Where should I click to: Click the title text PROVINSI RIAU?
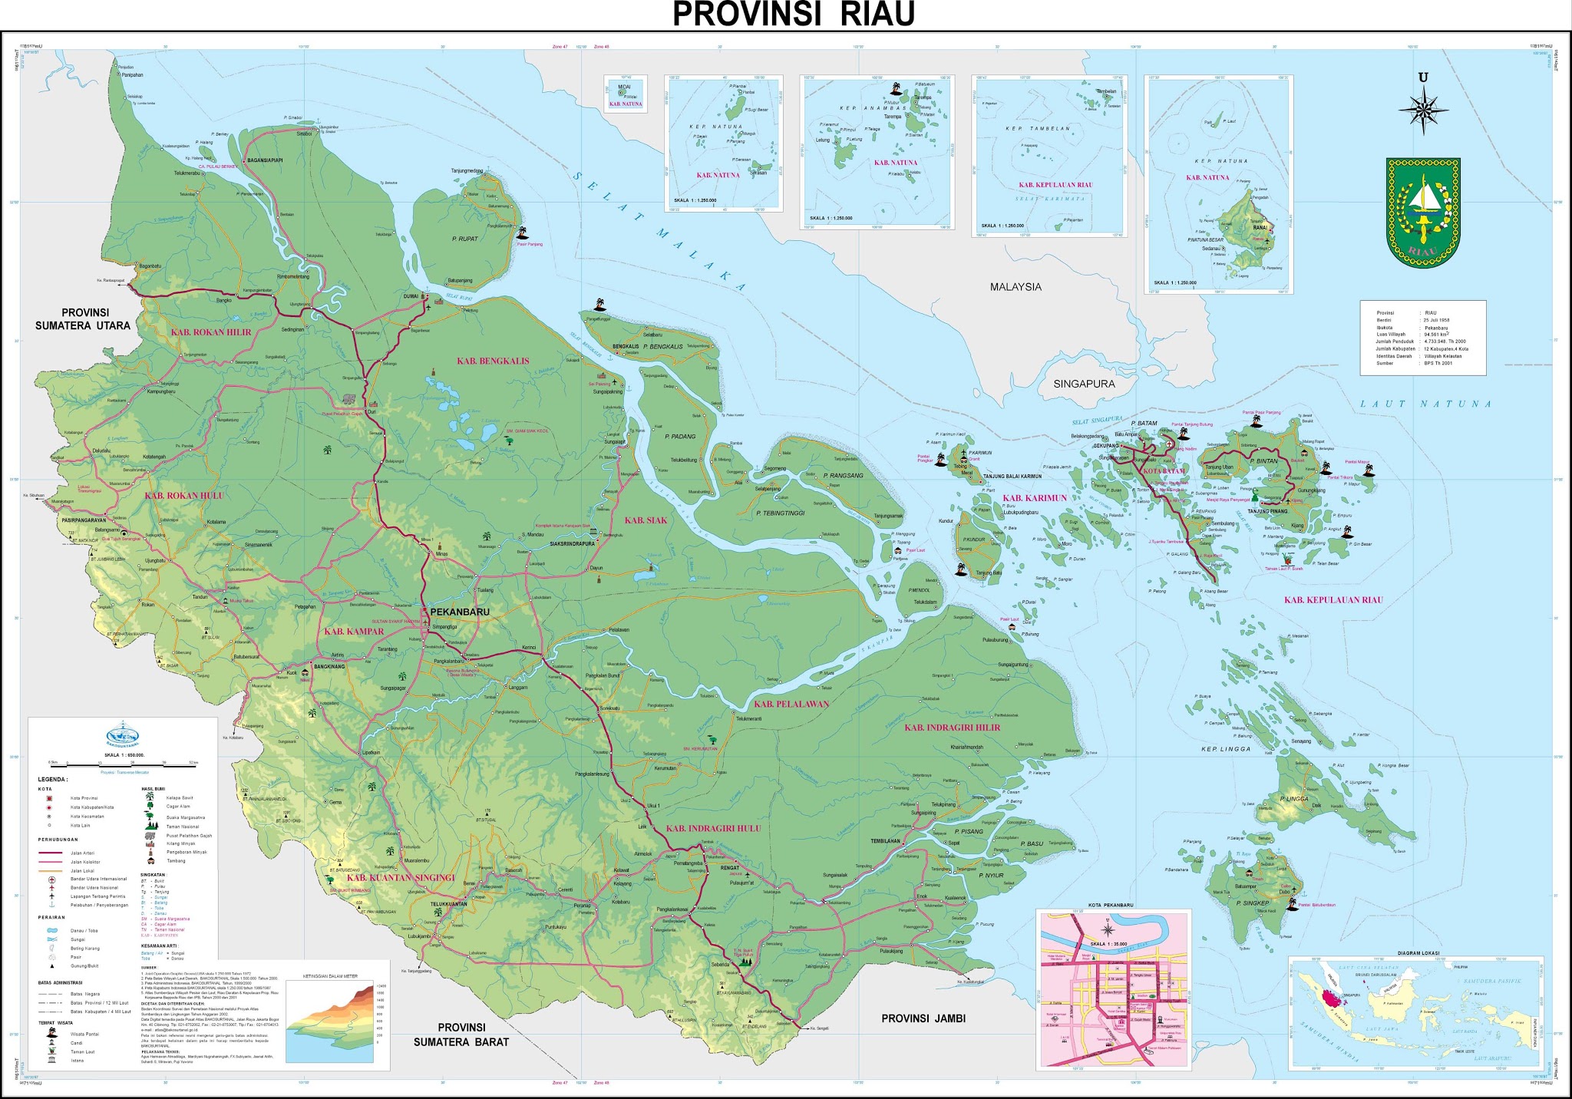click(x=794, y=15)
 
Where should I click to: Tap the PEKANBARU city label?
click(x=461, y=612)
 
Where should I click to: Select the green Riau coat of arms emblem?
click(x=1422, y=213)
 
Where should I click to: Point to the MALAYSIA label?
click(x=1016, y=287)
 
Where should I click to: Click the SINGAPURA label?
click(x=1084, y=384)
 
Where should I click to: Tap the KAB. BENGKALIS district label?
click(x=493, y=361)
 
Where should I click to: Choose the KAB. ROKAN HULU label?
click(x=184, y=496)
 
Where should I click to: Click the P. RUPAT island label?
click(x=464, y=239)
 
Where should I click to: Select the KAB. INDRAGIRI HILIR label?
click(x=952, y=728)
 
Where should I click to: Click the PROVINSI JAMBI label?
click(x=923, y=1018)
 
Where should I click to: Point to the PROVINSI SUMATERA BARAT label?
click(x=461, y=1035)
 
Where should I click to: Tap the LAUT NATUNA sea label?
click(x=1425, y=404)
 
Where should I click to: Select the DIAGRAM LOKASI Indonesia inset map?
click(x=1416, y=1013)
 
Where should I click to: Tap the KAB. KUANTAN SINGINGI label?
click(x=401, y=877)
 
